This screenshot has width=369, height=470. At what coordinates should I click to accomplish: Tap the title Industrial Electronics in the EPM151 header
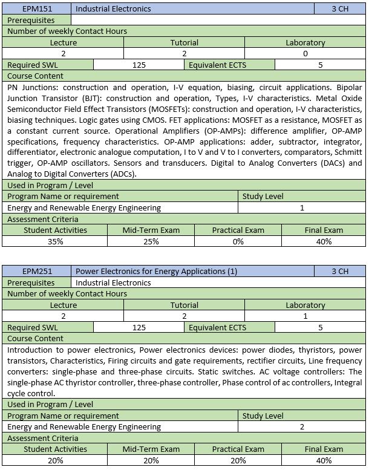(x=114, y=9)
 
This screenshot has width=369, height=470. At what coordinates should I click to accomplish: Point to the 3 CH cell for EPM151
(x=340, y=9)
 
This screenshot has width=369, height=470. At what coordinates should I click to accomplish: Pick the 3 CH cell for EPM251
(x=340, y=272)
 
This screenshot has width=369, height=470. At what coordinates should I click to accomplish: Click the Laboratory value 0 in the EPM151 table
(x=305, y=54)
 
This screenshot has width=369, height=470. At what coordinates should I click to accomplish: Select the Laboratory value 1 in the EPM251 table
(x=305, y=316)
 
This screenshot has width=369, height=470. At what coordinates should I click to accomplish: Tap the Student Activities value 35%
(x=55, y=241)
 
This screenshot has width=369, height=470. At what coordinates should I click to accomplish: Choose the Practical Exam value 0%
(x=238, y=241)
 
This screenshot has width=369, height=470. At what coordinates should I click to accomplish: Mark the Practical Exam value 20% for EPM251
(x=238, y=460)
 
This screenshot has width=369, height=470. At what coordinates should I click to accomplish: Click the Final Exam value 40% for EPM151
(x=324, y=241)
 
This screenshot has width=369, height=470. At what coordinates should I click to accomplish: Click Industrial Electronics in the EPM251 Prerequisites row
(x=114, y=282)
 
